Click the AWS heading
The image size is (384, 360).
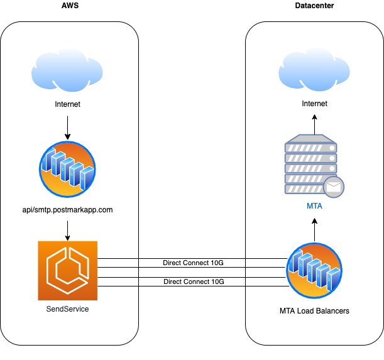70,6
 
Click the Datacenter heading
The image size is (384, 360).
314,6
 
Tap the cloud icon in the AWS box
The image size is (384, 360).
67,70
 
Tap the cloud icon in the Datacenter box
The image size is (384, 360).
314,70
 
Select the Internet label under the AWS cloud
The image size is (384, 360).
68,104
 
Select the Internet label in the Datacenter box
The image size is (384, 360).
314,104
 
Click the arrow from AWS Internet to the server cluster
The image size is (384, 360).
68,128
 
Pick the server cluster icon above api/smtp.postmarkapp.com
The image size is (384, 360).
67,169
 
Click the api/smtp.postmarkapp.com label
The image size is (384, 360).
68,210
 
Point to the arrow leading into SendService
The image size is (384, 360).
68,231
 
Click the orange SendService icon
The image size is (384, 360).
68,271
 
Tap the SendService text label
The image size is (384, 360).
68,309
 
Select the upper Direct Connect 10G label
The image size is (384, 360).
193,263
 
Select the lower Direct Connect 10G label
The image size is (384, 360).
194,281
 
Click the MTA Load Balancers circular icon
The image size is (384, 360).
314,271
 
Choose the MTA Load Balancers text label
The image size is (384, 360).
314,311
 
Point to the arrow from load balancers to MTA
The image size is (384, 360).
315,230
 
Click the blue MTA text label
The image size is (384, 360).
314,206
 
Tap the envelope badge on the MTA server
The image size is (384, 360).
334,187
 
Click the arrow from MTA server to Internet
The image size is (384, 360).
315,124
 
